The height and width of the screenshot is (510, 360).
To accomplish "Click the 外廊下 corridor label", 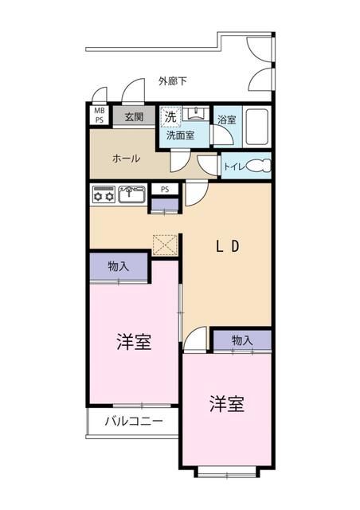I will click(173, 81).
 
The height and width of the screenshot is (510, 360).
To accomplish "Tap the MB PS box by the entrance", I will click(99, 116).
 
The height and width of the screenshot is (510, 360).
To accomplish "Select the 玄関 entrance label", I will click(133, 117).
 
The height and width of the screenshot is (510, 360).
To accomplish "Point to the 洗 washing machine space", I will click(170, 117).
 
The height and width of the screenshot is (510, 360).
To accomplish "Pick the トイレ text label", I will click(233, 167).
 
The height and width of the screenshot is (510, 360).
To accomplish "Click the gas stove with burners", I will click(104, 194).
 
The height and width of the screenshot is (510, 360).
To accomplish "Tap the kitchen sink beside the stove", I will click(131, 194).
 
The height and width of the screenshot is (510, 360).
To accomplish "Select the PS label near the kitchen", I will click(165, 190).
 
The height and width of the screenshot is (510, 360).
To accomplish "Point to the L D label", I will click(228, 246).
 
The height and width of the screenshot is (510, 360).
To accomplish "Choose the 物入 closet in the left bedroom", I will click(118, 267).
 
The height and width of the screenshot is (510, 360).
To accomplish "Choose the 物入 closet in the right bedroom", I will click(241, 340).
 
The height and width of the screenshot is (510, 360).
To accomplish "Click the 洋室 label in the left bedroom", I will click(134, 343).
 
